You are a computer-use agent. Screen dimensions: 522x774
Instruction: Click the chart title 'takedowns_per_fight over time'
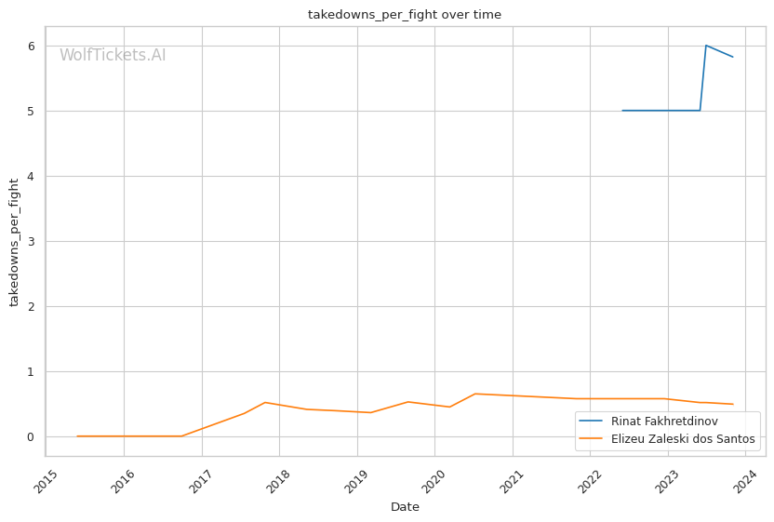(x=405, y=15)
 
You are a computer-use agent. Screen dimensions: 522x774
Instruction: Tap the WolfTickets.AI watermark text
(x=113, y=56)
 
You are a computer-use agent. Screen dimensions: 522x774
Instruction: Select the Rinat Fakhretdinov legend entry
(x=664, y=422)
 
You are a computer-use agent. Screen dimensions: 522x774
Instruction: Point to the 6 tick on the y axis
(x=31, y=47)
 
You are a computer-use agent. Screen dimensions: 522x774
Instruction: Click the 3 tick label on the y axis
(x=31, y=242)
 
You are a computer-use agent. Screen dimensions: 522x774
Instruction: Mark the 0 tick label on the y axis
(x=31, y=437)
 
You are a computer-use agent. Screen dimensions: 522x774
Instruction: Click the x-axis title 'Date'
(x=405, y=507)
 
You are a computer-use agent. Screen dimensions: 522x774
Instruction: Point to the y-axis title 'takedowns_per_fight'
(x=15, y=242)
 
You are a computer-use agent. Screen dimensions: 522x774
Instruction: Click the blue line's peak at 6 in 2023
(x=706, y=46)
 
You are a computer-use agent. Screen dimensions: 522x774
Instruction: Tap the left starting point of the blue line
(x=622, y=111)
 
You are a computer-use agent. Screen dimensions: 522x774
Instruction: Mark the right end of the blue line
(x=733, y=57)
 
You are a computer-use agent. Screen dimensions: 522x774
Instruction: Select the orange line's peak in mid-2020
(x=474, y=394)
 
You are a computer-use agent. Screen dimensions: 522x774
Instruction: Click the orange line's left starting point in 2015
(x=77, y=436)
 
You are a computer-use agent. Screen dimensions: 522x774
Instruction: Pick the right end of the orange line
(x=733, y=404)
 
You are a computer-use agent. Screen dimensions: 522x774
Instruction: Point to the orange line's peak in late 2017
(x=265, y=402)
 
